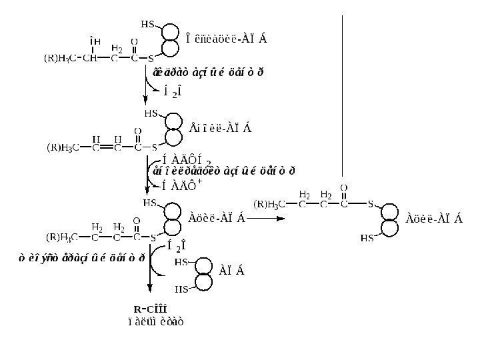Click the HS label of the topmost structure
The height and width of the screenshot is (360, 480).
147,24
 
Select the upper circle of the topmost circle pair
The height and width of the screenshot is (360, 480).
172,32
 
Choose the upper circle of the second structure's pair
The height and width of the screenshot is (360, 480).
173,122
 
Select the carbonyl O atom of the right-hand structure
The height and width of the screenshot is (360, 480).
344,187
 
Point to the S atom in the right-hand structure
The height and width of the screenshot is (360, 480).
371,203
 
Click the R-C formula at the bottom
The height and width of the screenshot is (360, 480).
150,309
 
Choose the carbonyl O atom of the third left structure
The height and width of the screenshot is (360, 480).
136,220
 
